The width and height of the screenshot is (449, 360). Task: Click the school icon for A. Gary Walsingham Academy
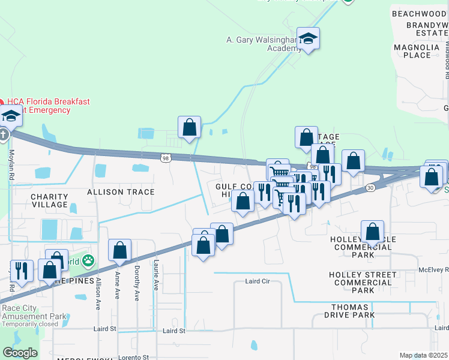tap(308, 40)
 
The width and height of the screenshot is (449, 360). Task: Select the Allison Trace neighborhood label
tap(121, 192)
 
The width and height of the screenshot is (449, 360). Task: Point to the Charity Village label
tap(49, 200)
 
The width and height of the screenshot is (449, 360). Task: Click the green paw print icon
tap(88, 260)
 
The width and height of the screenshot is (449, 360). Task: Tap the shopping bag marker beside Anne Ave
tap(119, 250)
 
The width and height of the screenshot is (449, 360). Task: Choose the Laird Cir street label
tap(259, 281)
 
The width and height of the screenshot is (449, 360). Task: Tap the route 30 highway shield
tap(371, 188)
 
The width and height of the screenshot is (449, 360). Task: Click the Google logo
tap(20, 353)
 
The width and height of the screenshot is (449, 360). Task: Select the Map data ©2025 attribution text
tap(423, 355)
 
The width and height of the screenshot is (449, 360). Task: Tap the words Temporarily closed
tap(29, 324)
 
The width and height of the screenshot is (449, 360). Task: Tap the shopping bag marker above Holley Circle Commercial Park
tap(372, 232)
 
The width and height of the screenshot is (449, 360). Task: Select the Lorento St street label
tap(134, 357)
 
